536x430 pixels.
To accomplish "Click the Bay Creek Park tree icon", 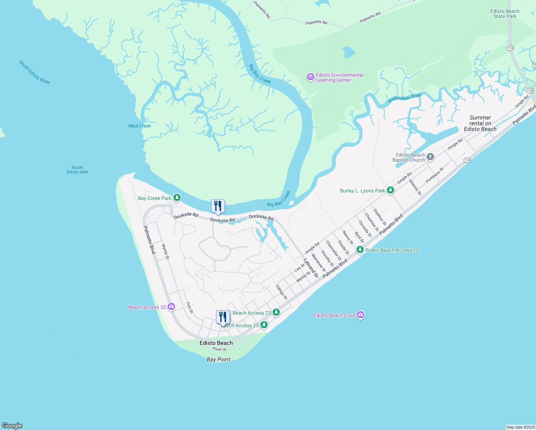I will (x=177, y=197).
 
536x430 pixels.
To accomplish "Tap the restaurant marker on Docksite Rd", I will (x=218, y=206).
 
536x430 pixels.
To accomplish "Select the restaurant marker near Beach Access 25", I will (x=223, y=317).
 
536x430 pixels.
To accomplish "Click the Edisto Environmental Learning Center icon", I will (x=311, y=77).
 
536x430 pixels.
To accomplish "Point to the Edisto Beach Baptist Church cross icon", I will (x=430, y=157).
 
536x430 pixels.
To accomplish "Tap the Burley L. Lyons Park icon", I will (x=391, y=190).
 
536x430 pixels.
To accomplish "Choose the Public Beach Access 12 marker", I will (x=360, y=249).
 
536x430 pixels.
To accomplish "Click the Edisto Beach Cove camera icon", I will (x=360, y=315).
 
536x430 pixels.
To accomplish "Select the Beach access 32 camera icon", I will (x=171, y=306).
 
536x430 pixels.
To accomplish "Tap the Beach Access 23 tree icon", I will (x=276, y=312).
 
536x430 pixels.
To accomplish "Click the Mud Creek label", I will (x=140, y=126).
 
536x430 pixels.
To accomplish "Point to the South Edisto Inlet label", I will (x=77, y=170).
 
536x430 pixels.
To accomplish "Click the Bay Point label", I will (x=219, y=359).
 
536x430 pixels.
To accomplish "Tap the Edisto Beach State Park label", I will (x=505, y=14).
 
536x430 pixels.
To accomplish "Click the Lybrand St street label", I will (x=311, y=268).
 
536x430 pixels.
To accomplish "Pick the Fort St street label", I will (x=190, y=307).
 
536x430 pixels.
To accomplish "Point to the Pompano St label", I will (x=435, y=175).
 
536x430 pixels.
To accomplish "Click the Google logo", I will (x=12, y=425).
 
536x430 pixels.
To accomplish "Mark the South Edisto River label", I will (x=34, y=72).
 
